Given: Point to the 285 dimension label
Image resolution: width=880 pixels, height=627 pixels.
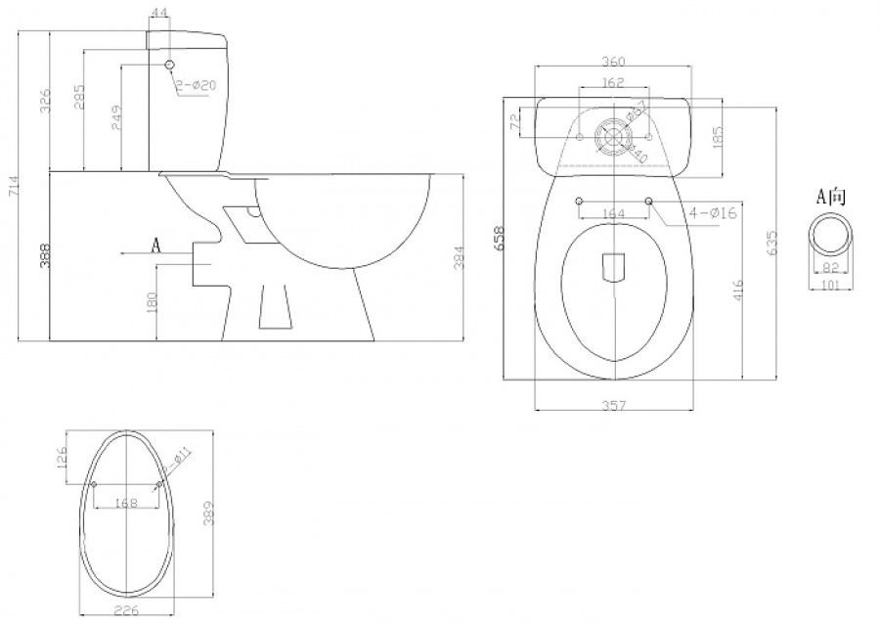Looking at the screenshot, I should (x=80, y=97).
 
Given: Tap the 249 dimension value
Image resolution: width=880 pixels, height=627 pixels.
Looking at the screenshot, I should (x=115, y=117).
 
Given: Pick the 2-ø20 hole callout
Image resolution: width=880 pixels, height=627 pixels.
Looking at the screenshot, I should (x=197, y=86).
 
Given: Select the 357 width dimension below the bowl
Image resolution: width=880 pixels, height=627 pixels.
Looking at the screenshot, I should (x=613, y=403).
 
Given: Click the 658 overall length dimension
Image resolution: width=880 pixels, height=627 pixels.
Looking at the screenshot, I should (x=499, y=239).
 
